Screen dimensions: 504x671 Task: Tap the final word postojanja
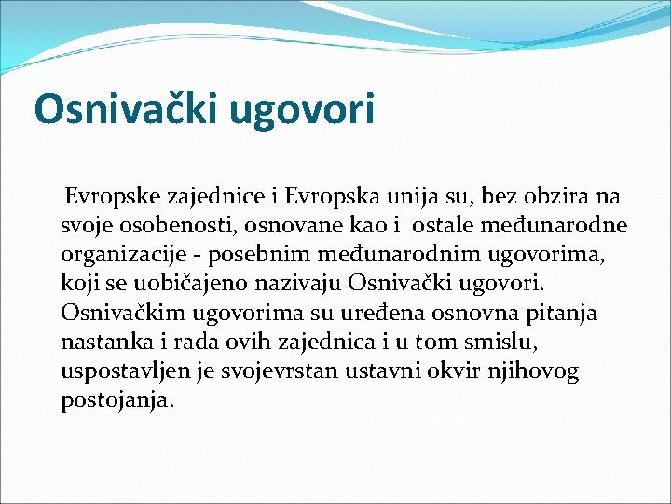pos(116,400)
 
